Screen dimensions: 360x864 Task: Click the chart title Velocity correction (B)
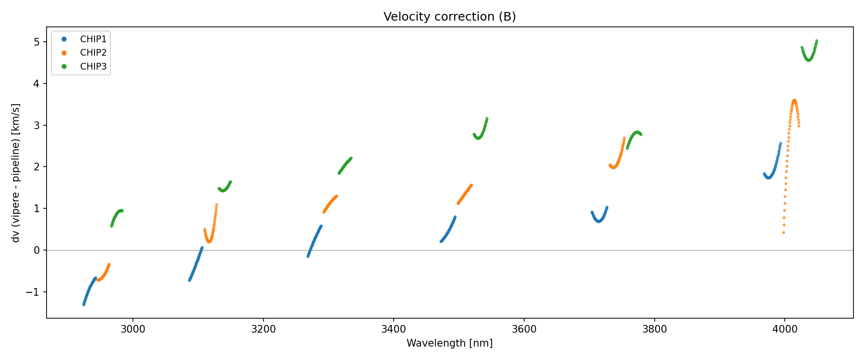tap(449, 17)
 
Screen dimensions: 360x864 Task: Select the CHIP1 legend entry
tap(93, 39)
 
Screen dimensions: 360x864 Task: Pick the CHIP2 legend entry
tap(93, 53)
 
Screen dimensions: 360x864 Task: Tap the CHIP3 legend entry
tap(93, 67)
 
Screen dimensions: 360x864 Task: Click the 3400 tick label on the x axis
tap(394, 329)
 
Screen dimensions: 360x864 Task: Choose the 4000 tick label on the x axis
tap(785, 329)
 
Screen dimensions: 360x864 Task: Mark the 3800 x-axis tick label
tap(654, 329)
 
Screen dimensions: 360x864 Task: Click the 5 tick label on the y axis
tap(37, 42)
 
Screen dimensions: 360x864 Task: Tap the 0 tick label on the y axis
tap(37, 251)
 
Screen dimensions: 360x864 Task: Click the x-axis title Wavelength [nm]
tap(449, 343)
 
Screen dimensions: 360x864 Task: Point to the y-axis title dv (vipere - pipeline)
tap(16, 173)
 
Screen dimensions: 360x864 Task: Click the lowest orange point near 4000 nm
tap(783, 233)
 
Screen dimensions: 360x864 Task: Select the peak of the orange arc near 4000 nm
tap(794, 100)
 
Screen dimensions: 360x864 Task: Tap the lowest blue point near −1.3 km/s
tap(84, 305)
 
